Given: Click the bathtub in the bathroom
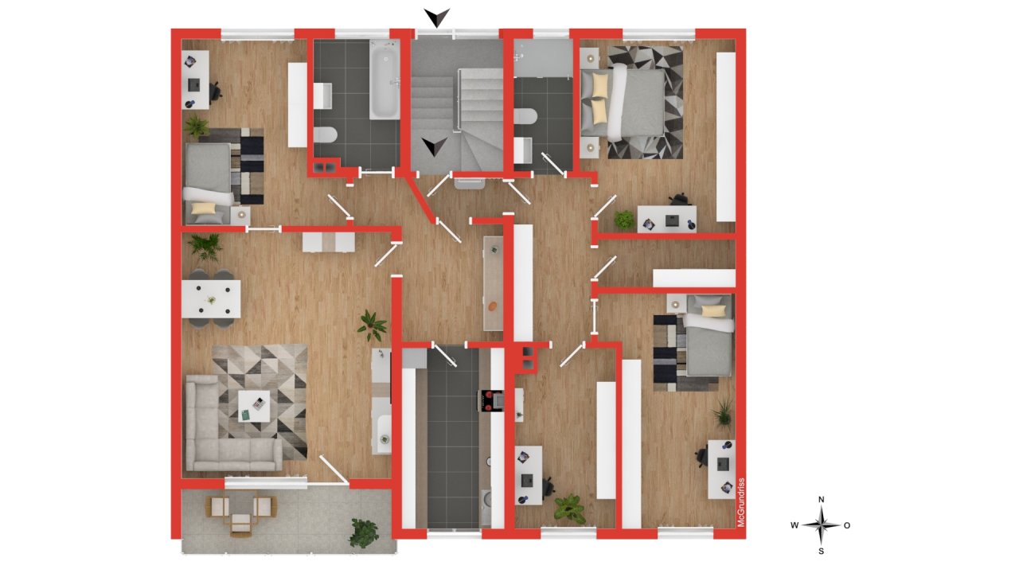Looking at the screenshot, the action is pyautogui.click(x=385, y=80).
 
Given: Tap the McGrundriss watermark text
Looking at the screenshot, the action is pyautogui.click(x=740, y=502).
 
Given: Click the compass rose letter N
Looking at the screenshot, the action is pyautogui.click(x=821, y=499).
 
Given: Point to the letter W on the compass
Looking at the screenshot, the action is pyautogui.click(x=795, y=525).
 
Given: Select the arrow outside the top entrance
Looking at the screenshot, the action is pyautogui.click(x=437, y=17).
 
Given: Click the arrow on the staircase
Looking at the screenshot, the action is pyautogui.click(x=435, y=146).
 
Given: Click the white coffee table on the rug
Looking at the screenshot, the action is pyautogui.click(x=254, y=406).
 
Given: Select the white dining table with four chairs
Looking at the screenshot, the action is pyautogui.click(x=211, y=298).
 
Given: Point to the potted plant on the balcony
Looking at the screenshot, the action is pyautogui.click(x=364, y=532).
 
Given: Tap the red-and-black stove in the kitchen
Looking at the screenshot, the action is pyautogui.click(x=492, y=401).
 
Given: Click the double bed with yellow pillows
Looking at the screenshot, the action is pyautogui.click(x=623, y=103).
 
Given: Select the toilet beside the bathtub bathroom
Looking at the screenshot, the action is pyautogui.click(x=325, y=134).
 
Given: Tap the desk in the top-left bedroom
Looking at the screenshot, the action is pyautogui.click(x=196, y=80).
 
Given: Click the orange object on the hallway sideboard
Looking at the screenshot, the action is pyautogui.click(x=493, y=306).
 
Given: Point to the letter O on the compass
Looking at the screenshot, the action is pyautogui.click(x=847, y=525).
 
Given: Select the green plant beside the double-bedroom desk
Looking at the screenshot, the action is pyautogui.click(x=623, y=220).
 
